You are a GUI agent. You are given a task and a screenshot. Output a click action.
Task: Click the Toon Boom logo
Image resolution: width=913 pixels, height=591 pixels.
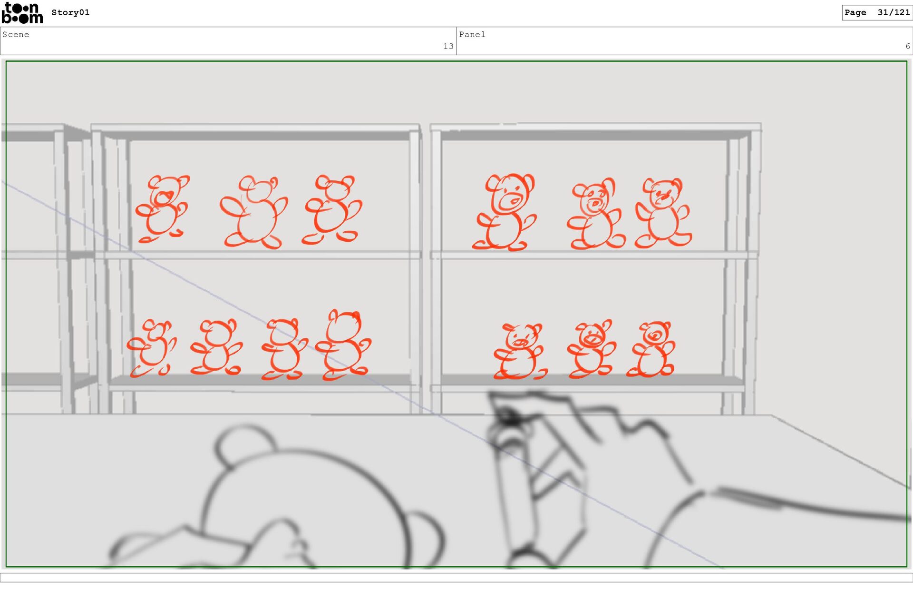coord(22,13)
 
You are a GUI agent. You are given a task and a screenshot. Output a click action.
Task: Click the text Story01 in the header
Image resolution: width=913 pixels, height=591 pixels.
coord(70,12)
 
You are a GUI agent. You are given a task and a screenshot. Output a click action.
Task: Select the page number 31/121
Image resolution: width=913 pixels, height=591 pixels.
coord(894,12)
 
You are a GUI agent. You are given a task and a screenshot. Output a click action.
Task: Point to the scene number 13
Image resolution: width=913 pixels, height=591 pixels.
coord(448,46)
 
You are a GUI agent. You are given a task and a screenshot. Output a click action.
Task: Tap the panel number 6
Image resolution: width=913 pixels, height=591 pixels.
coord(907,46)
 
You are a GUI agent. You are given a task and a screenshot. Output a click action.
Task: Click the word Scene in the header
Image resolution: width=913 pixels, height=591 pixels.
coord(16,34)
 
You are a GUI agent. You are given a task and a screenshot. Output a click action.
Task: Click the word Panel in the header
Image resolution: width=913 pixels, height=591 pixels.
coord(472,34)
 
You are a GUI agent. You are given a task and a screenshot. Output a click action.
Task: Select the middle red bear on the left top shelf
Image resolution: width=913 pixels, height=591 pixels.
coord(253,212)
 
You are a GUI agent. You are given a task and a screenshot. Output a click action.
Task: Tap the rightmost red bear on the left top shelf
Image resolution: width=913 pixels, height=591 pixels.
coord(332,209)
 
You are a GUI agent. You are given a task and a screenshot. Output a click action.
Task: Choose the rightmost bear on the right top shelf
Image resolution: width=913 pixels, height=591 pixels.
coord(663,213)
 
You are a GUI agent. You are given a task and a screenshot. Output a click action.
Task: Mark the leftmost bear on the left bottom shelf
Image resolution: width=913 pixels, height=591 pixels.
coord(151,348)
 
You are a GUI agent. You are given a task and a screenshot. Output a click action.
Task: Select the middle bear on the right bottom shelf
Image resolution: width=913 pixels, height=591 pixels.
coord(592,349)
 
